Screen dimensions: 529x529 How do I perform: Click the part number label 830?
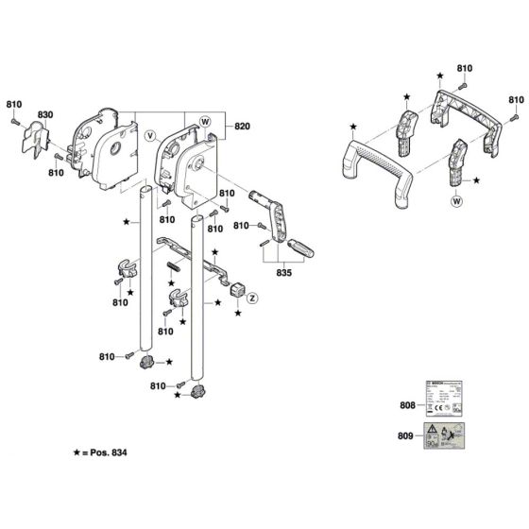44,115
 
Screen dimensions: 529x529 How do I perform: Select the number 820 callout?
242,126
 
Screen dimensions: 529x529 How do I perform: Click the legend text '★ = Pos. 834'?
91,454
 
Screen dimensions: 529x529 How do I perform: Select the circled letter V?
148,135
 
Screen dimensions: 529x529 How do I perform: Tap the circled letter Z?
253,297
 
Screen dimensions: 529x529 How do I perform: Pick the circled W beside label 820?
204,120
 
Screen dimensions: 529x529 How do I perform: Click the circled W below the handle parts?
457,200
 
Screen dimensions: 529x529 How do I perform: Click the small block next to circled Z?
236,289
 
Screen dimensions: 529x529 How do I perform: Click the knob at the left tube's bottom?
146,362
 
